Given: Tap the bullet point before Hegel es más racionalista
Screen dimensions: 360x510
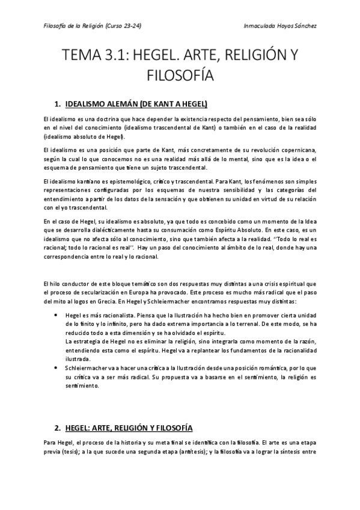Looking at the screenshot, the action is [56, 315].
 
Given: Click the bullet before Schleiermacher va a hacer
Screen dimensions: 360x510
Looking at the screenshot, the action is [56, 365].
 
